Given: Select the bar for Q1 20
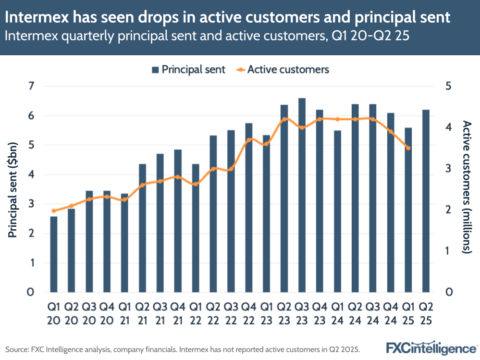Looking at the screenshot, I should tap(54, 254).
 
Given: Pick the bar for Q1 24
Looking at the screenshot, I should tap(337, 211).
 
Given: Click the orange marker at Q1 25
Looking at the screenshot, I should tap(408, 148).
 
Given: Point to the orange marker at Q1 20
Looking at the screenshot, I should tap(54, 211).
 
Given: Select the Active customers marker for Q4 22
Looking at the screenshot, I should tap(249, 140).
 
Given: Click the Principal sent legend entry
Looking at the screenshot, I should tap(188, 69).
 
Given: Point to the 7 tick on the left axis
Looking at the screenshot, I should tap(32, 87).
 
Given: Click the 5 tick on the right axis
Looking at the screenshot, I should tap(448, 87).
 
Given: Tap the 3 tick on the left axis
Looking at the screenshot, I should tap(32, 204).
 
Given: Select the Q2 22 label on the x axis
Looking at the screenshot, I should tap(213, 312).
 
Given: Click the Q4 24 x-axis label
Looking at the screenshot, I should tap(390, 312).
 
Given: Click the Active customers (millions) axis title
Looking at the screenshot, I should tap(466, 187).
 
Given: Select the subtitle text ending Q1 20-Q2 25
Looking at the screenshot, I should tap(207, 36).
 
